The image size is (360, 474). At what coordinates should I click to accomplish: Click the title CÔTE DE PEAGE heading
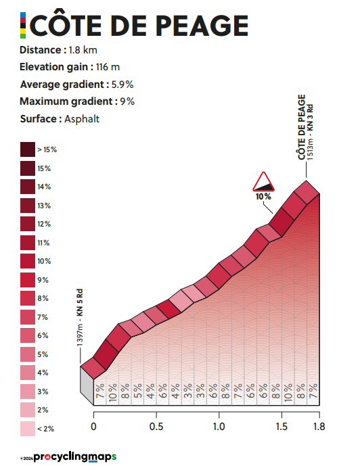pyautogui.click(x=139, y=26)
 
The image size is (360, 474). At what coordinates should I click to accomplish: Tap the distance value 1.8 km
pyautogui.click(x=83, y=50)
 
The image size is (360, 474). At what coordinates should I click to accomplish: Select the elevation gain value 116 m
pyautogui.click(x=108, y=67)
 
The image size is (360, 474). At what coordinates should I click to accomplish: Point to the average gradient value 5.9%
pyautogui.click(x=122, y=85)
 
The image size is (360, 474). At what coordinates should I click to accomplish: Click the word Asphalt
pyautogui.click(x=82, y=119)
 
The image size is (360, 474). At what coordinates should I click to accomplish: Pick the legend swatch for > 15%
pyautogui.click(x=28, y=149)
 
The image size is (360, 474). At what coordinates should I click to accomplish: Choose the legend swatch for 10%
pyautogui.click(x=28, y=261)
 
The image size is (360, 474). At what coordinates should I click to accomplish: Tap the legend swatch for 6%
pyautogui.click(x=28, y=335)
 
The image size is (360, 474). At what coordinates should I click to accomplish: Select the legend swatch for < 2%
pyautogui.click(x=28, y=429)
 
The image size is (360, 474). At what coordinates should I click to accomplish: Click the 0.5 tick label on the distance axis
pyautogui.click(x=156, y=427)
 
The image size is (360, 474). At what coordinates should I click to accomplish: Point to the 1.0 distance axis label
pyautogui.click(x=219, y=427)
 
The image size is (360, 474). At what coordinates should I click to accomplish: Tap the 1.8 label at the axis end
pyautogui.click(x=319, y=427)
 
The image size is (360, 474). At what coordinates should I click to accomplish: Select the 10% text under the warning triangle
pyautogui.click(x=263, y=197)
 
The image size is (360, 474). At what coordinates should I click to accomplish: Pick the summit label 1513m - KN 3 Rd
pyautogui.click(x=310, y=132)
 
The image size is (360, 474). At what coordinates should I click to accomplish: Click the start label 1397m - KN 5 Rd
pyautogui.click(x=80, y=318)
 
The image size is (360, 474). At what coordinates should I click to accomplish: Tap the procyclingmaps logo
pyautogui.click(x=74, y=457)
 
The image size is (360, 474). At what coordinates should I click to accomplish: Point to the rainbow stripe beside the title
pyautogui.click(x=23, y=26)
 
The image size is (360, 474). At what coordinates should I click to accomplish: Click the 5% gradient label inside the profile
pyautogui.click(x=137, y=391)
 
